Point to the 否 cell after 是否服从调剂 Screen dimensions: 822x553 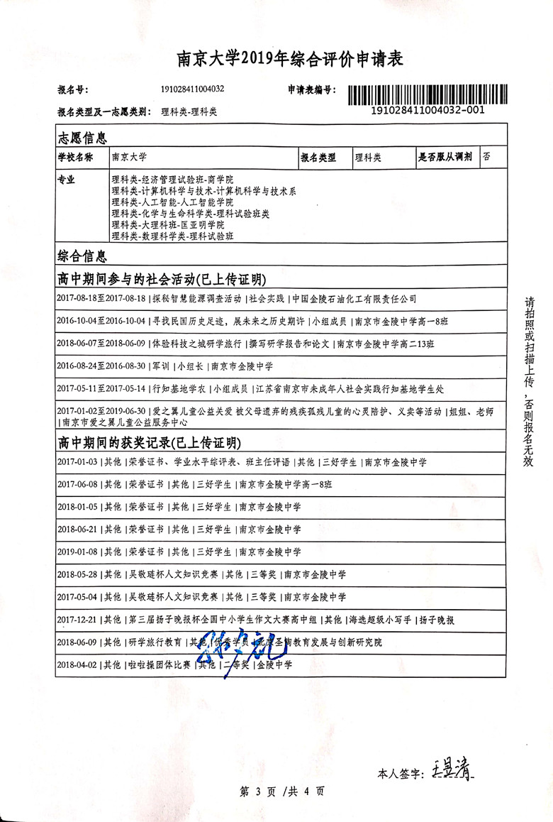(487, 158)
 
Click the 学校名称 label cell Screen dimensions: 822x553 (75, 158)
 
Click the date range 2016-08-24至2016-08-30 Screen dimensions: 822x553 (101, 367)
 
